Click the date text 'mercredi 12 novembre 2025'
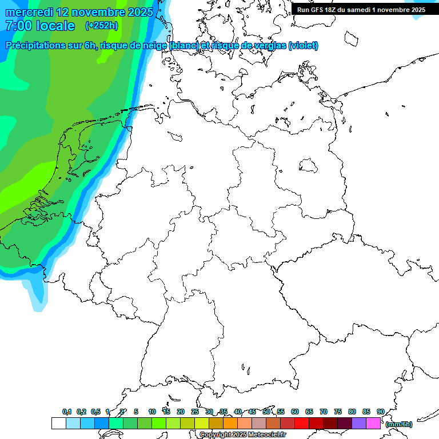[79, 12]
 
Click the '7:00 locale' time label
[40, 26]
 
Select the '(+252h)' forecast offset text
[102, 26]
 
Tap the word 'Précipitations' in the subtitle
[34, 46]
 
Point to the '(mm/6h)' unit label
[399, 424]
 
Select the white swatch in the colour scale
[58, 424]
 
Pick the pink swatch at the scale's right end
[373, 424]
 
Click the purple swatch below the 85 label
[359, 424]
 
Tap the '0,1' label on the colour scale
[67, 412]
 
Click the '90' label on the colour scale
[380, 412]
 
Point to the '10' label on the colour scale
[152, 412]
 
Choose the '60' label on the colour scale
[295, 412]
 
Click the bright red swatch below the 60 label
[302, 424]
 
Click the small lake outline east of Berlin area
[309, 166]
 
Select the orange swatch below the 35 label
[230, 424]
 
